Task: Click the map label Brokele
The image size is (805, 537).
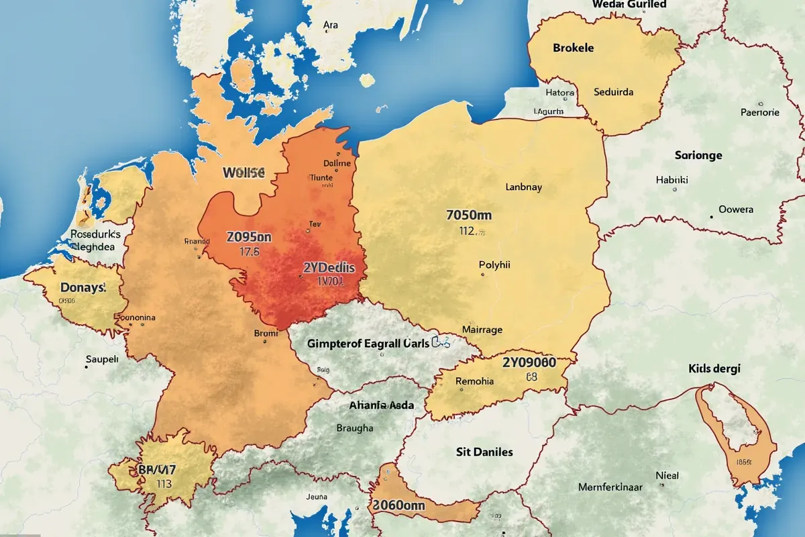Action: pos(573,48)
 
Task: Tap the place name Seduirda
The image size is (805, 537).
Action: pos(613,92)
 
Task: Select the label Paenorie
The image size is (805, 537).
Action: pos(759,113)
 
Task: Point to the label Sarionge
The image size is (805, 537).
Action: pos(698,155)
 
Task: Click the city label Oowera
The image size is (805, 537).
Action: pos(736,209)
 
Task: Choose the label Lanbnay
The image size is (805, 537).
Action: pos(523,188)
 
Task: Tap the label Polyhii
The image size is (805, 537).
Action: pos(495,265)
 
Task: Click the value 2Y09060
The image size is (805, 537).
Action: pos(529,362)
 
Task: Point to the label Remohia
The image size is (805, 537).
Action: pos(474,381)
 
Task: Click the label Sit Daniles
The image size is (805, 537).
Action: pos(484,452)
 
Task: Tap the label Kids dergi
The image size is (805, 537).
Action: pos(718,369)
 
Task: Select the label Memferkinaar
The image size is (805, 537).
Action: pos(610,487)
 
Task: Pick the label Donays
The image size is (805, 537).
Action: pos(83,287)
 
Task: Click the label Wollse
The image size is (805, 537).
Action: pos(244,173)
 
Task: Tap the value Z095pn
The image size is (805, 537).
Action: pos(248,238)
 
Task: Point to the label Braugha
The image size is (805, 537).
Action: pos(356,428)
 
